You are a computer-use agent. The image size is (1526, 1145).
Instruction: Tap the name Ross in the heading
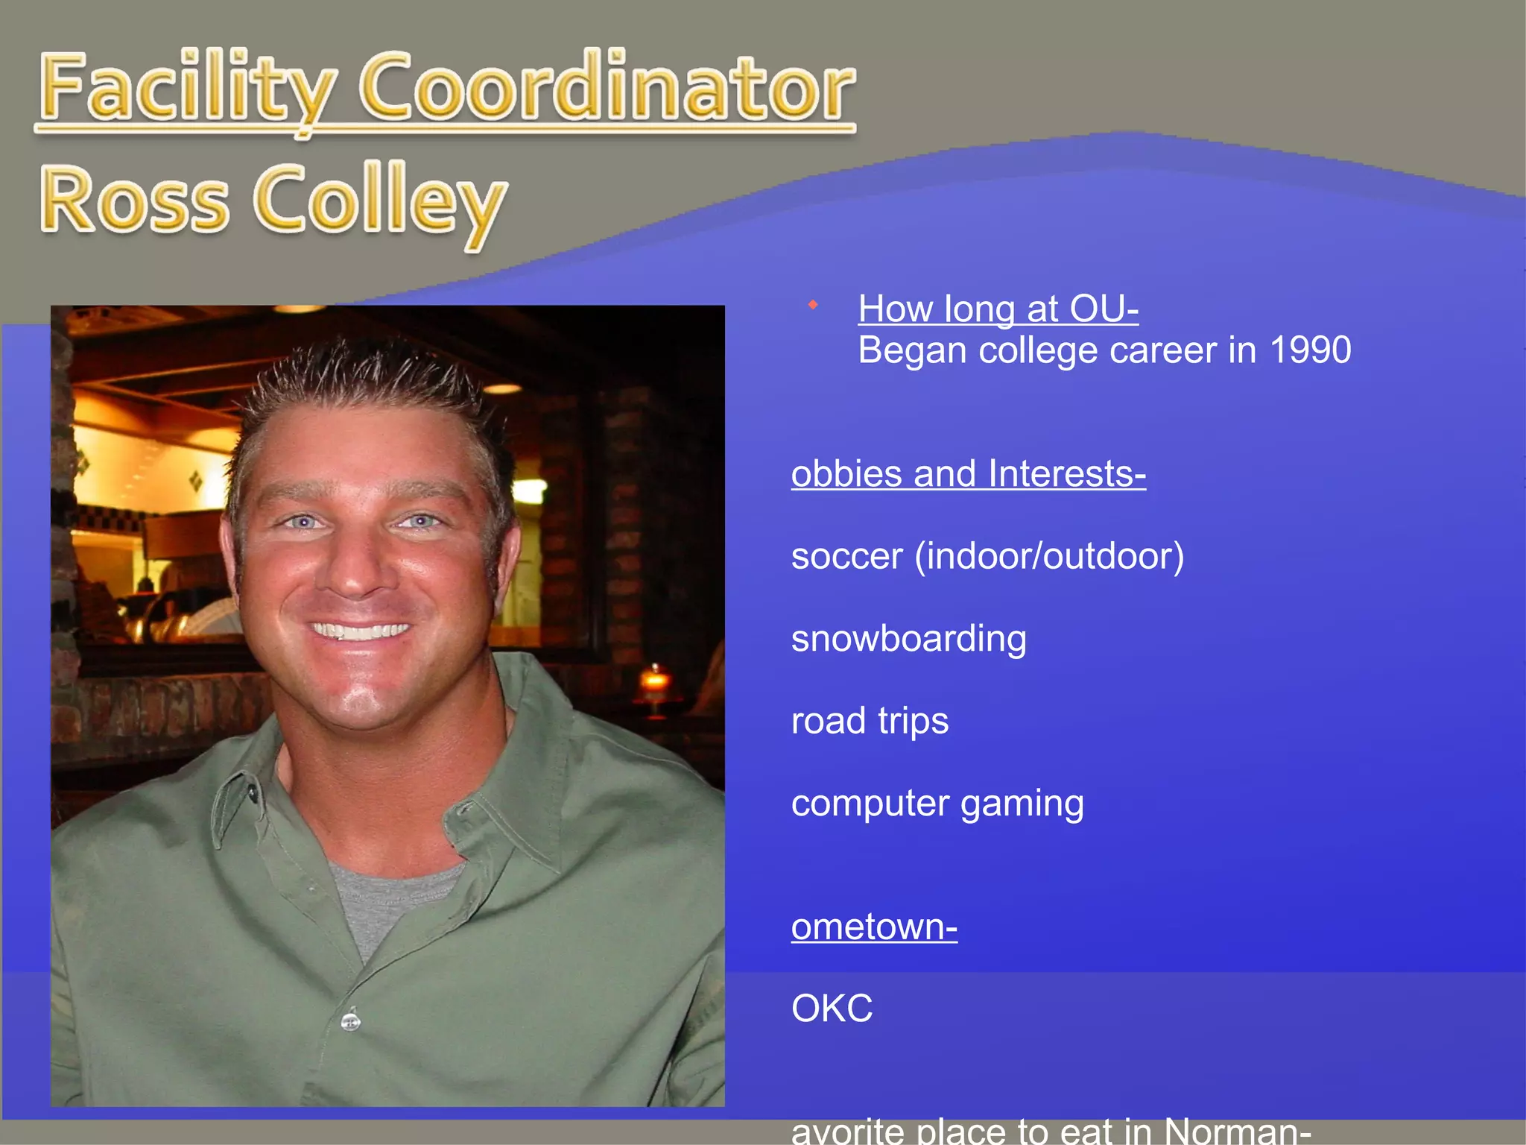click(134, 200)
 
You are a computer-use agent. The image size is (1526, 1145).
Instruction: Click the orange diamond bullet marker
click(813, 305)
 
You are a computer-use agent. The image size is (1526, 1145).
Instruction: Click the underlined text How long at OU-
click(998, 309)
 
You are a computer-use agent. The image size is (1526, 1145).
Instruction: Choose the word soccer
click(847, 556)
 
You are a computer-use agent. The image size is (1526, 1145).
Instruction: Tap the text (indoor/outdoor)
click(1049, 556)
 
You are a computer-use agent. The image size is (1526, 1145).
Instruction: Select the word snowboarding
click(908, 639)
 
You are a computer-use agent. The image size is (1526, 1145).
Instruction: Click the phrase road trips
click(870, 721)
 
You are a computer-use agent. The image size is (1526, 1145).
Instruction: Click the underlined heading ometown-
click(874, 927)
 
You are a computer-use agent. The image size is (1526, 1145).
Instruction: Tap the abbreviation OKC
click(832, 1009)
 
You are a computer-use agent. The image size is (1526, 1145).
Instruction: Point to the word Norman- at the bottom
click(1237, 1132)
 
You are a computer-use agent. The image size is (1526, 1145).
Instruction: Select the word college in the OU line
click(1038, 350)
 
